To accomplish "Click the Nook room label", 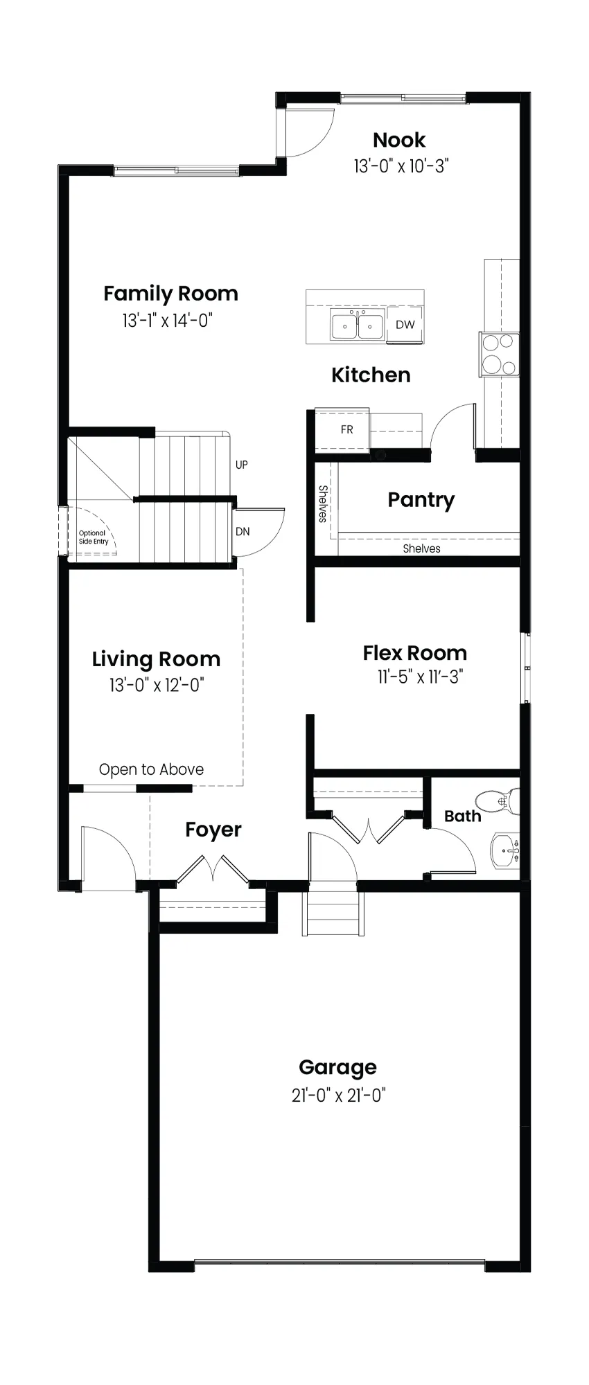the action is click(399, 141).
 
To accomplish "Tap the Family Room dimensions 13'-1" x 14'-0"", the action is click(167, 321).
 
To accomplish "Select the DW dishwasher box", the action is click(405, 324).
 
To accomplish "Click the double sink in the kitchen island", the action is click(357, 325).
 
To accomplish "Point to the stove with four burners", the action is click(499, 354).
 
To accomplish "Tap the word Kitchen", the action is click(371, 375).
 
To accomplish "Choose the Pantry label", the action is click(421, 500).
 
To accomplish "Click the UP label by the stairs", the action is click(241, 465).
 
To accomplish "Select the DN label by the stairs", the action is click(243, 532).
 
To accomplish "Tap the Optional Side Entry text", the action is click(94, 537).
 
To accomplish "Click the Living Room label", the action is click(156, 659).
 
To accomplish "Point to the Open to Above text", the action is click(151, 769).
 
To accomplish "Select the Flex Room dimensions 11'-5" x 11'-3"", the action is click(420, 677).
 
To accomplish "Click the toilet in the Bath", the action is click(498, 801).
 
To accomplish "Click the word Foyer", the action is click(213, 830).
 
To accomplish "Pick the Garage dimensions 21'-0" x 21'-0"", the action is click(338, 1096).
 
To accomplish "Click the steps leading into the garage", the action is click(333, 913).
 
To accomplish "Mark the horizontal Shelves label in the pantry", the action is click(421, 548).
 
